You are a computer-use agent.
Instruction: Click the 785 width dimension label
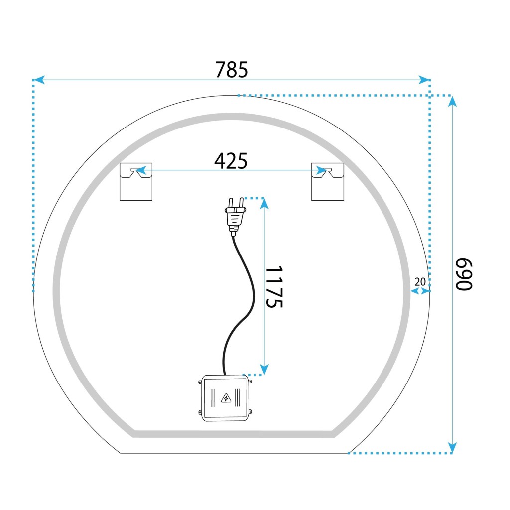[231, 70]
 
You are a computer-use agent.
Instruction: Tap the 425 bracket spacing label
[231, 161]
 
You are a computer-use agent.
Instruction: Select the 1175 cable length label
[274, 287]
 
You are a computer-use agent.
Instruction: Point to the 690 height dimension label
[464, 274]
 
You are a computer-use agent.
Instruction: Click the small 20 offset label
[420, 282]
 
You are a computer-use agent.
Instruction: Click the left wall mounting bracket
[136, 181]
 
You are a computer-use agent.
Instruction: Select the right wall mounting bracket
[328, 181]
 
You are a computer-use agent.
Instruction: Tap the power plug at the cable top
[235, 217]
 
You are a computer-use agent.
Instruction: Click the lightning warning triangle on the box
[226, 398]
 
